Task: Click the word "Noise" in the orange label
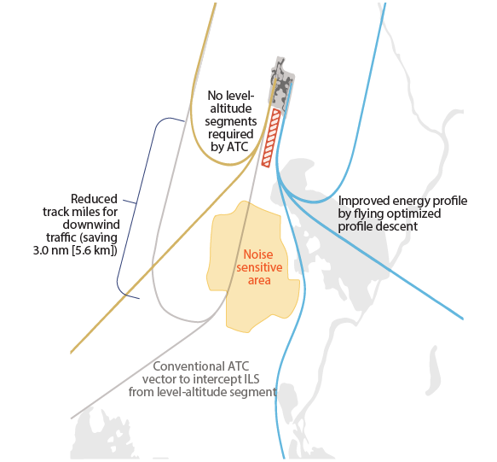tap(258, 254)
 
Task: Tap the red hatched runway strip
tap(271, 138)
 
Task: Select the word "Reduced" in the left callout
tap(94, 199)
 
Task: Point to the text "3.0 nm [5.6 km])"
tap(75, 250)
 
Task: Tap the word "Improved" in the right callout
tap(364, 201)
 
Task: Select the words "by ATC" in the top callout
tap(230, 147)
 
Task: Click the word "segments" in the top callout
tap(231, 121)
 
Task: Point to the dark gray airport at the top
tap(282, 86)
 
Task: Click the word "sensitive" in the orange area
tap(259, 267)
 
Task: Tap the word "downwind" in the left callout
tap(91, 225)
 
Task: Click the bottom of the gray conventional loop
tap(198, 321)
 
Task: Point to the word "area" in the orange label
tap(259, 280)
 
